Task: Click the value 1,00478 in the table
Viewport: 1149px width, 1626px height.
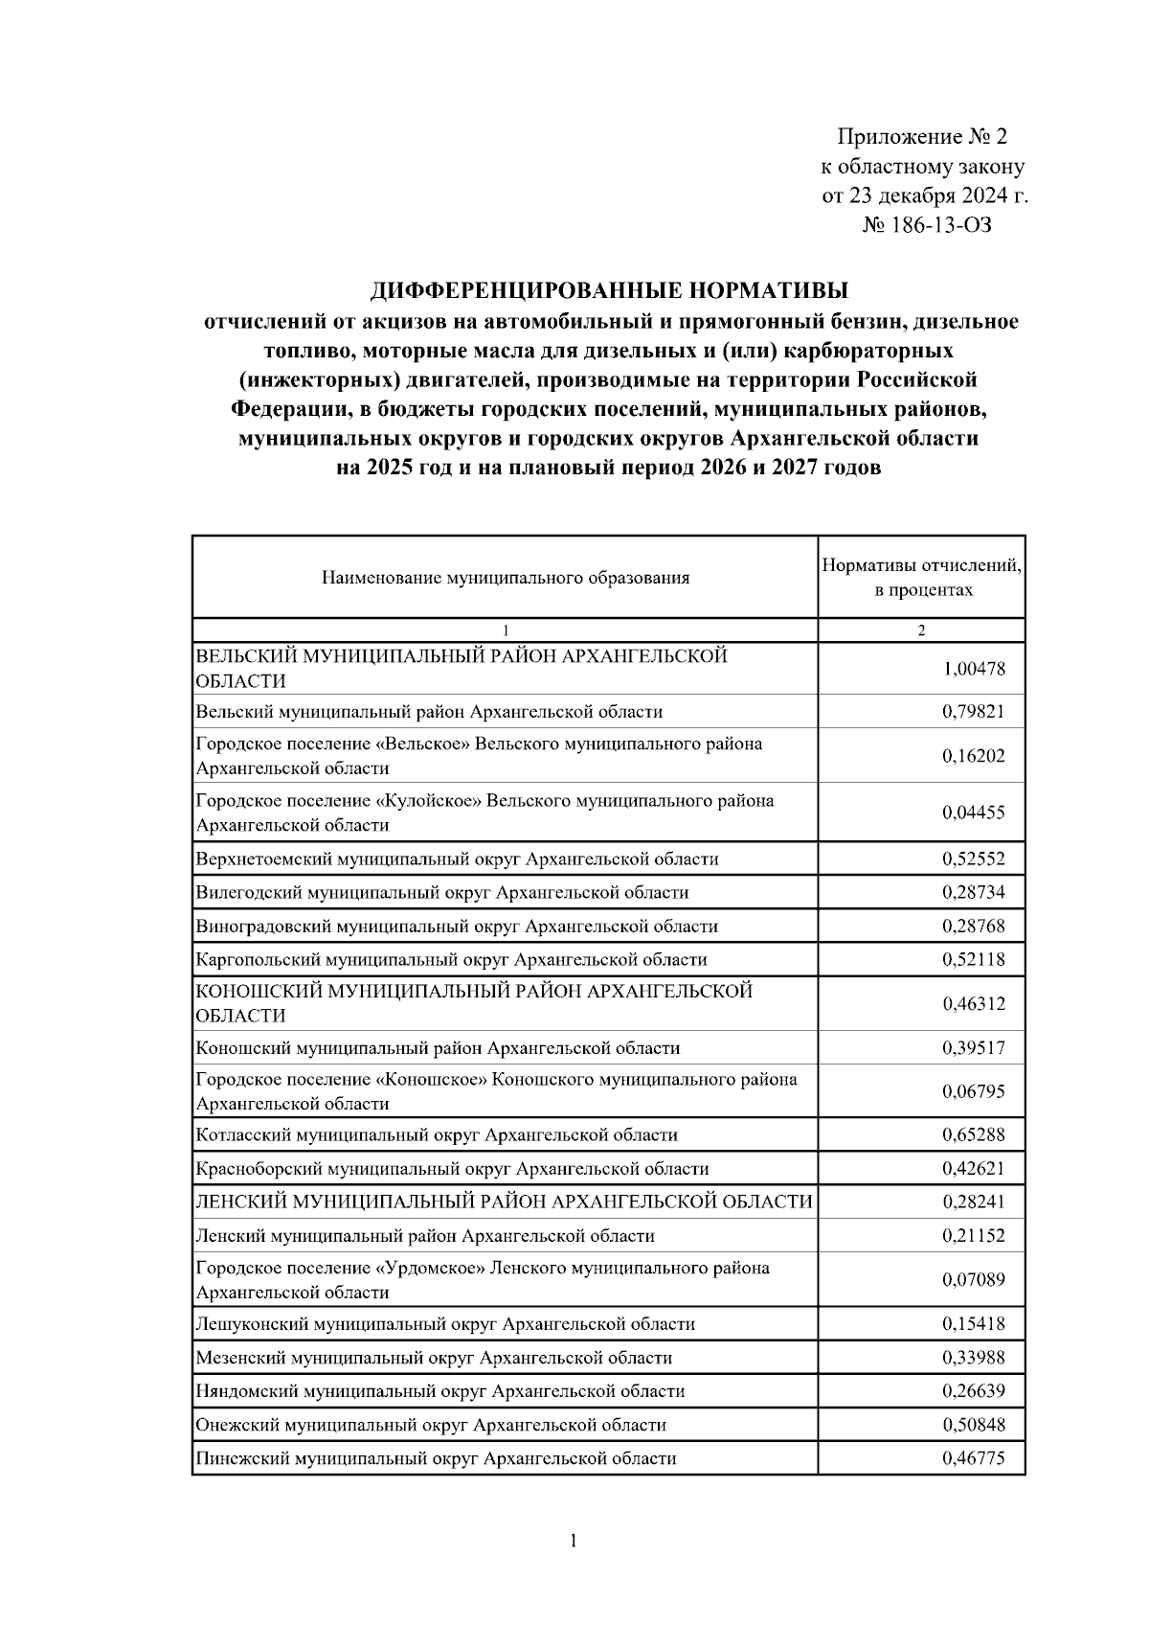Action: (973, 669)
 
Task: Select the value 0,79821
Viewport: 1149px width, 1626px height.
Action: (973, 712)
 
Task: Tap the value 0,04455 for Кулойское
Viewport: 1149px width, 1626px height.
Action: (973, 813)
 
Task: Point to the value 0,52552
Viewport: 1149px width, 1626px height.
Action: (973, 859)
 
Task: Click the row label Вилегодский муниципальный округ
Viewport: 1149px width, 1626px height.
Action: (441, 893)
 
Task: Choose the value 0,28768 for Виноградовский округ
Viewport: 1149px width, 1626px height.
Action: (973, 927)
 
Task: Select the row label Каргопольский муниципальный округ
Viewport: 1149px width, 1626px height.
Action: (451, 960)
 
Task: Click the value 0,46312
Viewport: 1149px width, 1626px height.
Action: (973, 1004)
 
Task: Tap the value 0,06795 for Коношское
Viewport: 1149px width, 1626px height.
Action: (973, 1091)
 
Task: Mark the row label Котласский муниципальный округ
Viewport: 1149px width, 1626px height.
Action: (437, 1135)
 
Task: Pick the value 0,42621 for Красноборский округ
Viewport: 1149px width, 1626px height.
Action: (973, 1169)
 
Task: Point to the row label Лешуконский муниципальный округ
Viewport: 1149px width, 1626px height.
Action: (445, 1324)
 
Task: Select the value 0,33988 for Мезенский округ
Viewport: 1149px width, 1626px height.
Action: (973, 1358)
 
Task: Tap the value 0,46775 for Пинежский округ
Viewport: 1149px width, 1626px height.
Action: (973, 1458)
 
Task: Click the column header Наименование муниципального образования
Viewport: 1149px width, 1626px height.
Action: (506, 578)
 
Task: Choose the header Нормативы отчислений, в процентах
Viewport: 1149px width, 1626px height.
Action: (922, 578)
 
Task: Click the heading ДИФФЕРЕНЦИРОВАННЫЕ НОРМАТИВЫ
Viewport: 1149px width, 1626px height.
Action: (610, 290)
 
